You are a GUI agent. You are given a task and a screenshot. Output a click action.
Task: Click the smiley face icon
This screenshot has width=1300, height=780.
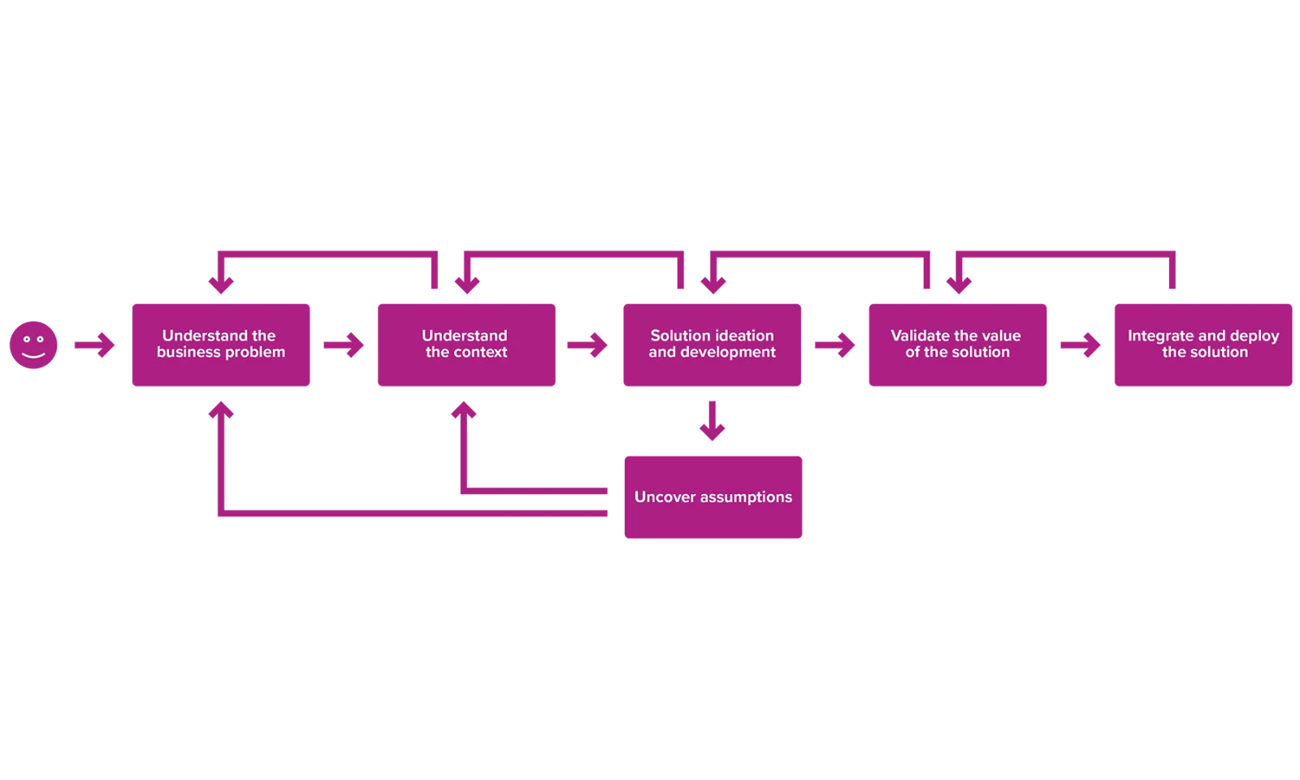(32, 345)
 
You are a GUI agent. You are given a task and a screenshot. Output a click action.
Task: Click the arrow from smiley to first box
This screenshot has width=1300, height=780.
(93, 345)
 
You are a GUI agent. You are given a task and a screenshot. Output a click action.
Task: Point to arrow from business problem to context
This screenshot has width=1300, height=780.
(341, 345)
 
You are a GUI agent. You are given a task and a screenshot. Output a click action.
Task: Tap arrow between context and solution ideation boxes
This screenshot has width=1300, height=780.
(587, 345)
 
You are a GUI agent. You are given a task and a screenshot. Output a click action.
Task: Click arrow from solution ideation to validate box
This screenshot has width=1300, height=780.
(834, 345)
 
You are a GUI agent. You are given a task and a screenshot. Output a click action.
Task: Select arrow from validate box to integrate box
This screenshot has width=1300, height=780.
(1081, 345)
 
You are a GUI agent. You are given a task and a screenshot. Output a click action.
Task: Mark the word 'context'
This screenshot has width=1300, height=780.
(479, 353)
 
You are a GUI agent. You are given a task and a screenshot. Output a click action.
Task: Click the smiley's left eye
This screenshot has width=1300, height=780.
(26, 338)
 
